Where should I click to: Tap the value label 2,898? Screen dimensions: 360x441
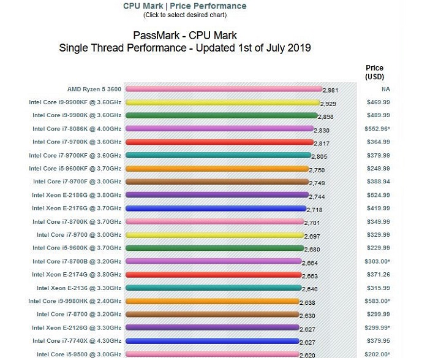[325, 117]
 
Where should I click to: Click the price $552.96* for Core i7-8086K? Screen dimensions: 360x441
[378, 129]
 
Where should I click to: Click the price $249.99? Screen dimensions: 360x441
[378, 168]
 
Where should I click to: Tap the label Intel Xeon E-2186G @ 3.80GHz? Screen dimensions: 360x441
[77, 195]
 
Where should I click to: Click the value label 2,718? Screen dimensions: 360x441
[314, 210]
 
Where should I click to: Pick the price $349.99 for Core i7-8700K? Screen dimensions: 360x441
[378, 221]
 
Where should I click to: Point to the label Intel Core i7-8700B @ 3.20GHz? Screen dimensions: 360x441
[77, 261]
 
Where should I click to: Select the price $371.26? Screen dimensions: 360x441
[378, 274]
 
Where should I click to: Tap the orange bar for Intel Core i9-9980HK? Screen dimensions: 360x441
[212, 301]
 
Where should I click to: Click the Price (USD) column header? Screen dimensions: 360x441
[374, 72]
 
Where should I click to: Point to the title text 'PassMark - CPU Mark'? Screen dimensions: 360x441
[184, 36]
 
